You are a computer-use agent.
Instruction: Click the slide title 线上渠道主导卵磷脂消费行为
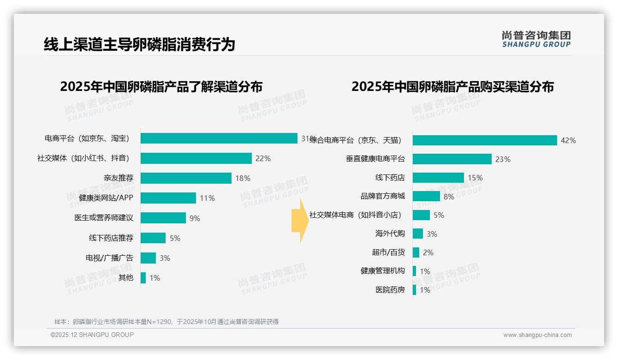coord(139,44)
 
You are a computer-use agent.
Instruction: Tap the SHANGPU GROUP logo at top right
coord(536,39)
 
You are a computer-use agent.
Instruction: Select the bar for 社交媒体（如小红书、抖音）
coord(196,158)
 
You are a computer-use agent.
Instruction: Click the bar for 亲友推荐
coord(186,178)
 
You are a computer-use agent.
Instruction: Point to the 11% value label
coord(207,198)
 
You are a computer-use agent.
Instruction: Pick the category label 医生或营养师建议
coord(104,218)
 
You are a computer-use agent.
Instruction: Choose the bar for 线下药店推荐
coord(153,238)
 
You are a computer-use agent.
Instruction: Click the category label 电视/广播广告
coord(109,258)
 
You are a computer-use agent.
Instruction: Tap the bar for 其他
coord(143,278)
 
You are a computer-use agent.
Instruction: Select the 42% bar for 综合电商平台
coord(485,140)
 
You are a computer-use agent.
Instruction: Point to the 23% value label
coord(503,159)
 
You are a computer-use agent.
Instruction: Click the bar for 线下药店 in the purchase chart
coord(438,178)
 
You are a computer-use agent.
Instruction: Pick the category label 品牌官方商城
coord(383,196)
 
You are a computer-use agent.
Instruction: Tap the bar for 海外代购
coord(418,234)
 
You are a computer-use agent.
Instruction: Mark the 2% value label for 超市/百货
coord(428,253)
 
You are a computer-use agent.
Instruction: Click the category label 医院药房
coord(390,290)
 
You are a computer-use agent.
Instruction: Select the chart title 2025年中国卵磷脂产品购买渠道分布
coord(452,87)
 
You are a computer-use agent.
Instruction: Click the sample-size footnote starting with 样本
coord(166,322)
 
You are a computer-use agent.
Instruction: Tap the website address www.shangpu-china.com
coord(537,335)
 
